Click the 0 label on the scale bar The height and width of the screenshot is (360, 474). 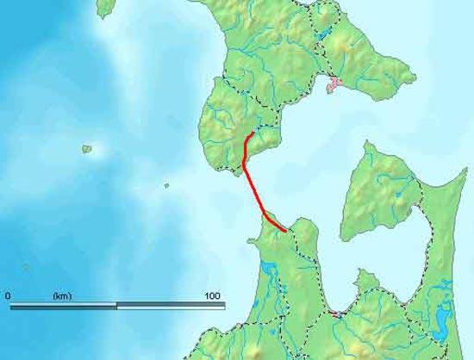8,295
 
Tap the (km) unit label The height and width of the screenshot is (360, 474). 62,295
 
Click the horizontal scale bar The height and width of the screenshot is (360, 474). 116,305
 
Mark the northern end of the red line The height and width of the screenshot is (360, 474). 252,133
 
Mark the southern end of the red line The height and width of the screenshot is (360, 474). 285,231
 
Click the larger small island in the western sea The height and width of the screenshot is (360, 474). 87,149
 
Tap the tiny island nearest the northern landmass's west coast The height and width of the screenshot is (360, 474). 166,184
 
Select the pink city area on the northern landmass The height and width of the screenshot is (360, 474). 334,84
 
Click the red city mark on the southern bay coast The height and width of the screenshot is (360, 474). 337,315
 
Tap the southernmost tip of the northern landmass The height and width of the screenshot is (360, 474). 234,172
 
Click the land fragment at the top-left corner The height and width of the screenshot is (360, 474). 104,8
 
